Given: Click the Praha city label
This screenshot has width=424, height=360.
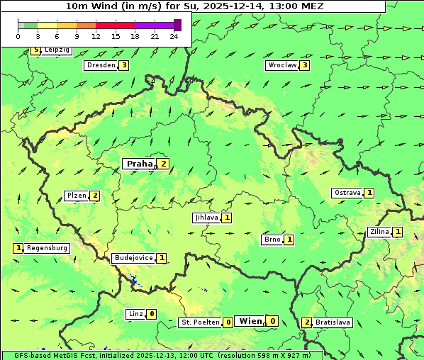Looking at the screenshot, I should [x=139, y=164].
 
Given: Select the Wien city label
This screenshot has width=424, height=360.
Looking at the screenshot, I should [x=250, y=321].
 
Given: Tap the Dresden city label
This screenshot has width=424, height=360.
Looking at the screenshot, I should [x=100, y=65].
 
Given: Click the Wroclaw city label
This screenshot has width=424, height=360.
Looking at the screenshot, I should [x=281, y=65].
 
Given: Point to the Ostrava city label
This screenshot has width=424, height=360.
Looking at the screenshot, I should [x=347, y=193].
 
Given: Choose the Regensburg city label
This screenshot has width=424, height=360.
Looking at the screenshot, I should [x=47, y=248].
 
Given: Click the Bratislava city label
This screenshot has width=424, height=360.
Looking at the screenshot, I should [x=333, y=322].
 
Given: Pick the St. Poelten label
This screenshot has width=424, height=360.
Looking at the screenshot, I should [x=200, y=322].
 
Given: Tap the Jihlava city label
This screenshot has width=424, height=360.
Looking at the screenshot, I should [x=206, y=218].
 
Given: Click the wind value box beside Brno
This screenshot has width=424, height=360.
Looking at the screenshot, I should [x=289, y=240].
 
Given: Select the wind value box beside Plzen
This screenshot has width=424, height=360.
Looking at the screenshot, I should [x=94, y=196].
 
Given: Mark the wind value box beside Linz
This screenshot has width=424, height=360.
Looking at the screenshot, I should [x=152, y=314].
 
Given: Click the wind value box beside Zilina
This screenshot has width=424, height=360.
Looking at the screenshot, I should [x=398, y=232].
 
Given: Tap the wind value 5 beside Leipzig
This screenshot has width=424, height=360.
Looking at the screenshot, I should [x=35, y=50].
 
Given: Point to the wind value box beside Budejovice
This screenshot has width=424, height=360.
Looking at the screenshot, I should [x=162, y=258].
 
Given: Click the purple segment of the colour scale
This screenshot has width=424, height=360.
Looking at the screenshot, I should [x=154, y=25].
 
